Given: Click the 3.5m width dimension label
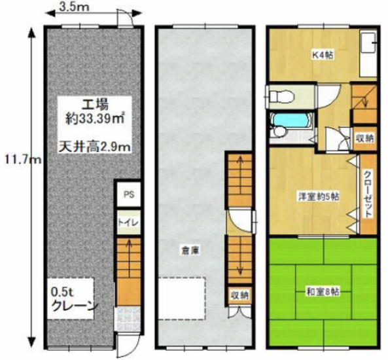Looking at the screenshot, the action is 74,7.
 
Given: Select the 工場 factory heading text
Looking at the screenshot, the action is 96,105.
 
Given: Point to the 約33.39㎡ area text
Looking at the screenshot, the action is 95,119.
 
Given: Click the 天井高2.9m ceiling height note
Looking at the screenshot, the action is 94,147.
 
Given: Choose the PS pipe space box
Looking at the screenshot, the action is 129,194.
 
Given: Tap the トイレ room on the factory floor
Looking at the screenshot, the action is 129,223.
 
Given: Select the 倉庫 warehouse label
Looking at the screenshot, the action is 190,250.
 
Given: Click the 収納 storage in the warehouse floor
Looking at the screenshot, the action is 239,295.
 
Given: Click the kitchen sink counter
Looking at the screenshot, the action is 368,54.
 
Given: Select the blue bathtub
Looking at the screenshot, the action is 291,121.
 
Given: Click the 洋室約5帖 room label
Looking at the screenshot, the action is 318,197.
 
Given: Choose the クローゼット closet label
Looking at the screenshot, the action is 368,194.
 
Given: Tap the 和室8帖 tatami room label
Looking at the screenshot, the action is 323,292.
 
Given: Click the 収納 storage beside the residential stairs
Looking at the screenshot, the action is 364,138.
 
